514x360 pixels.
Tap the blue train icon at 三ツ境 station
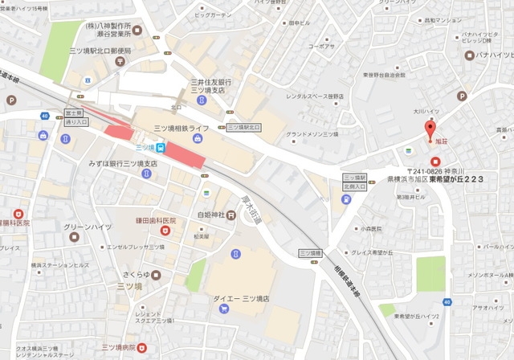[x=161, y=147]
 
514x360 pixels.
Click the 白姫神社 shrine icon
[x=230, y=215]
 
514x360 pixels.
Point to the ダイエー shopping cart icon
[x=235, y=253]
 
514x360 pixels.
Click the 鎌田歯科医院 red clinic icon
[x=166, y=231]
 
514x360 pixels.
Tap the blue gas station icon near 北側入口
[x=345, y=199]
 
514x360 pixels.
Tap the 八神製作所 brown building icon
[x=137, y=31]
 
